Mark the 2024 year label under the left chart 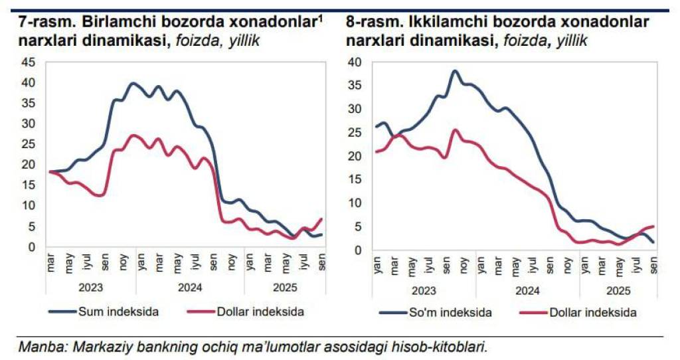pyautogui.click(x=189, y=288)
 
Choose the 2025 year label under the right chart pyautogui.click(x=618, y=290)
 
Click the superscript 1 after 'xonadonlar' pyautogui.click(x=321, y=19)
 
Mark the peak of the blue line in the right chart pyautogui.click(x=455, y=70)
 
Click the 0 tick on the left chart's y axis pyautogui.click(x=31, y=247)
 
